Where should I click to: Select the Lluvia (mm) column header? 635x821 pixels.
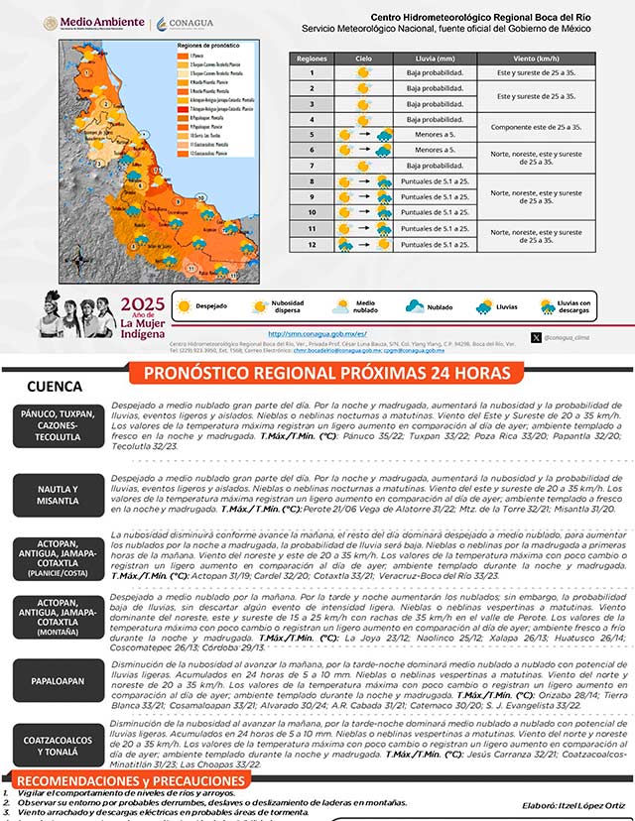click(x=435, y=59)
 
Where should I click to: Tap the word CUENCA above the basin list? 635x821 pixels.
click(x=57, y=386)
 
